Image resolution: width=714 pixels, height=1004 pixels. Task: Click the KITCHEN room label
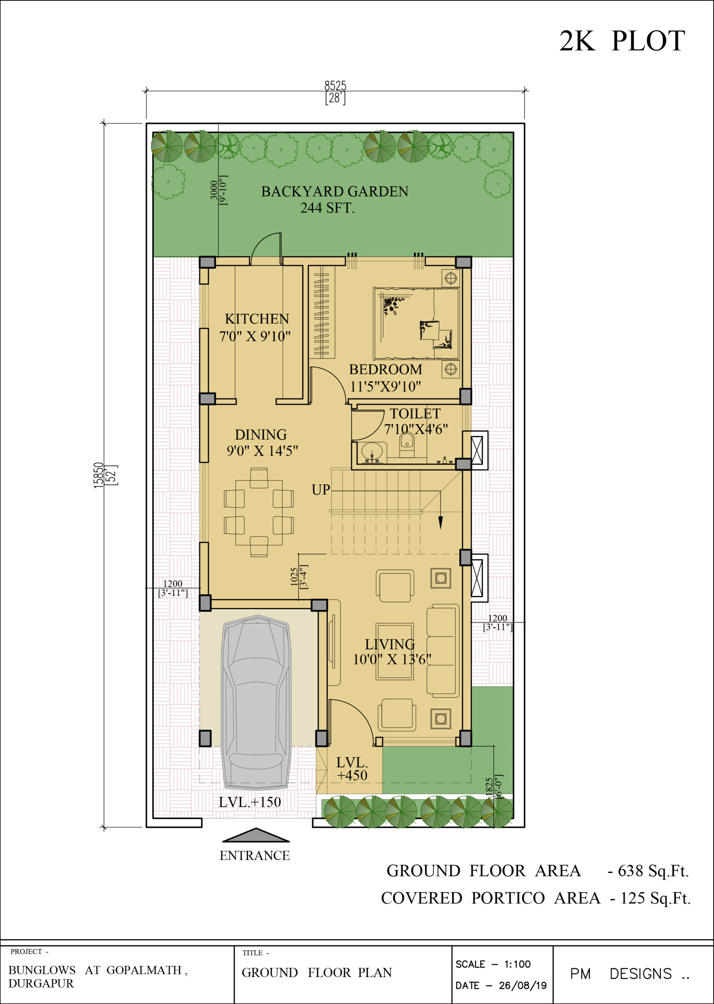tap(257, 318)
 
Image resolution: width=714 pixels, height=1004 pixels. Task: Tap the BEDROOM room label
tap(386, 369)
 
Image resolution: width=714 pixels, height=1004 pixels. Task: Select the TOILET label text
tap(415, 414)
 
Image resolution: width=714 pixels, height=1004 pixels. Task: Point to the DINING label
tap(261, 435)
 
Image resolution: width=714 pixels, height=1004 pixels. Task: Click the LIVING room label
tap(390, 644)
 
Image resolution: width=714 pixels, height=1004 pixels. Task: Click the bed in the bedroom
tap(416, 324)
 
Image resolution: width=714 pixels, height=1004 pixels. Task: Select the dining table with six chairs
tap(259, 513)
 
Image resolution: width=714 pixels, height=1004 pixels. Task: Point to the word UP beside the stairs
tap(321, 490)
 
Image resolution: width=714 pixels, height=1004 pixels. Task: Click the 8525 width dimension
tap(335, 85)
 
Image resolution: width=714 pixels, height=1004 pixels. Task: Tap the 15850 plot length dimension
tap(98, 475)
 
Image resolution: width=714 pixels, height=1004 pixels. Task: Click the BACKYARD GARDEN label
tap(335, 191)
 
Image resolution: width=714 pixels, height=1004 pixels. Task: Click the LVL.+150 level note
tap(250, 802)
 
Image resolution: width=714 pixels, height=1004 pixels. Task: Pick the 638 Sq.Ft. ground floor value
tap(653, 871)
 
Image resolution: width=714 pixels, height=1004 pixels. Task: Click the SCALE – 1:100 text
tap(493, 964)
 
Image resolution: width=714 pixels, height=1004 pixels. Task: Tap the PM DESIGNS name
tap(630, 974)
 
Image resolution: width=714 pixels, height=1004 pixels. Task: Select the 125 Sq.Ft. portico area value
tap(655, 898)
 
